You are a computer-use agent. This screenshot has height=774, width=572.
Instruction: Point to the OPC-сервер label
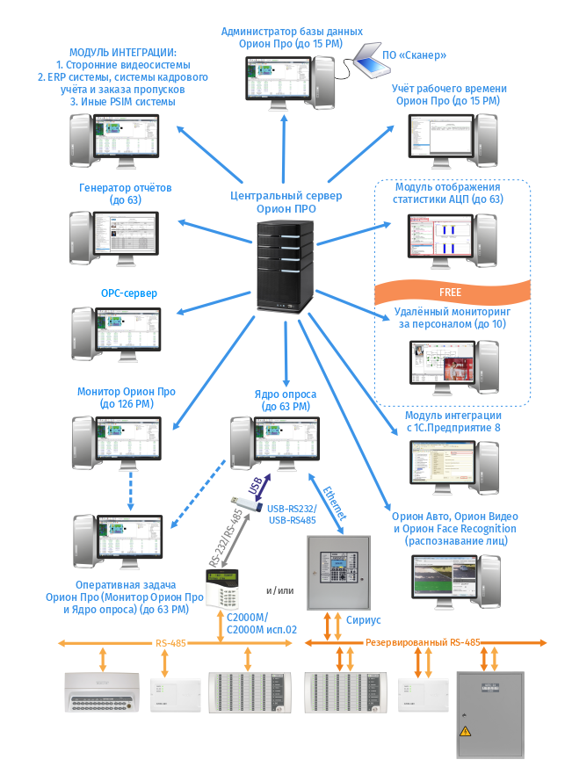coord(129,293)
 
